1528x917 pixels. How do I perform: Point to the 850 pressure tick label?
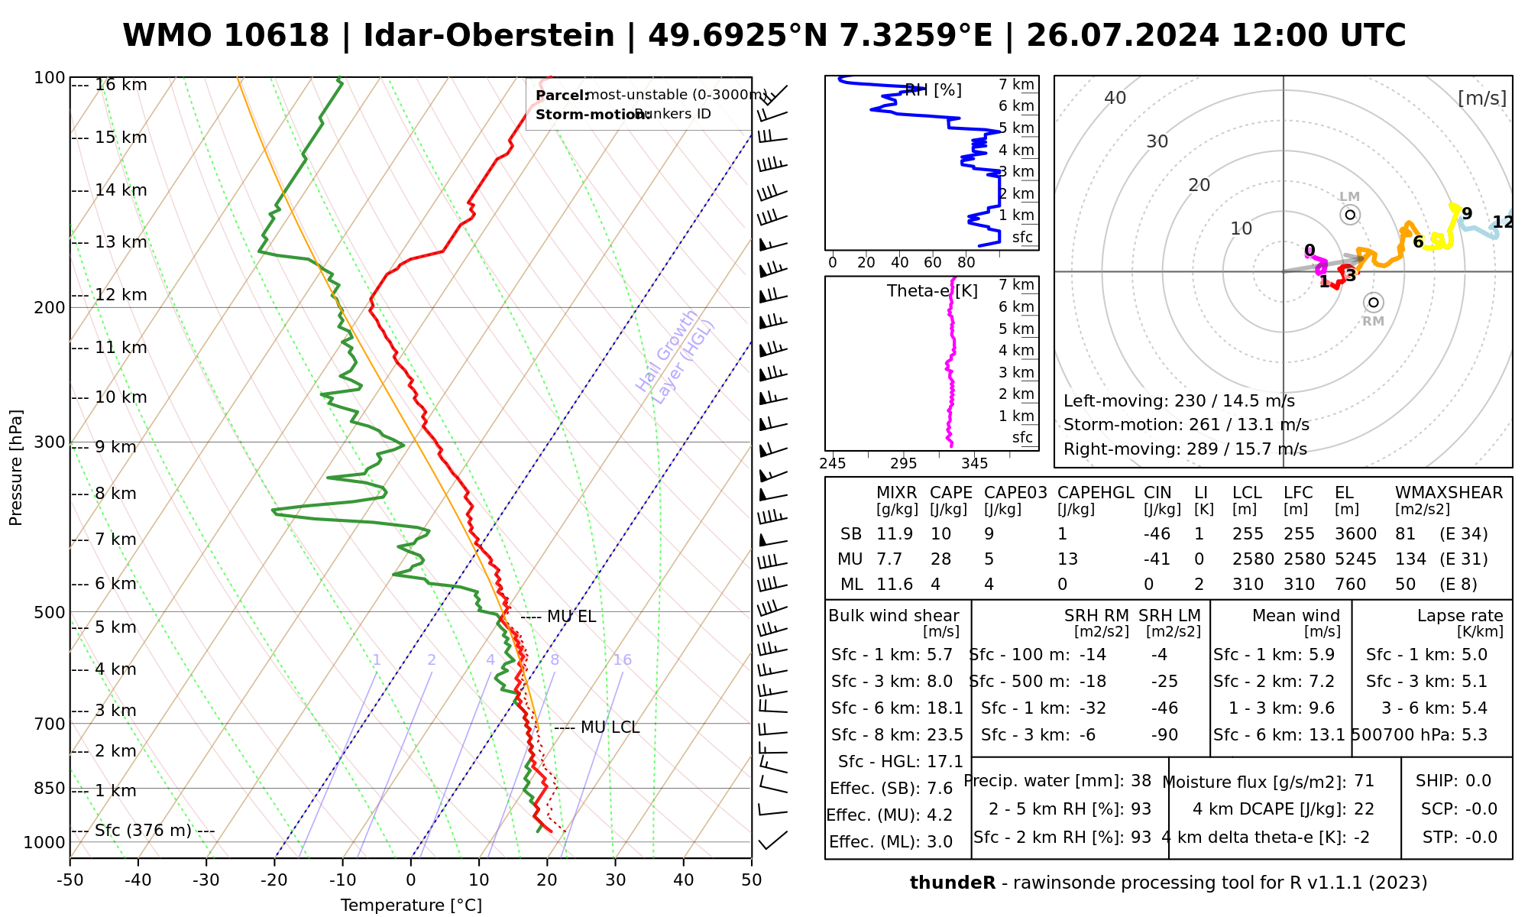[50, 788]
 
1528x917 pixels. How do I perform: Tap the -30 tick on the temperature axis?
[206, 880]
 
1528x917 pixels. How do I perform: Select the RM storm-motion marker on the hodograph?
[1374, 303]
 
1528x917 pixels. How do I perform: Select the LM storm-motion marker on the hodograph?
[1350, 215]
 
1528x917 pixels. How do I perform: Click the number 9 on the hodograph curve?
[1467, 214]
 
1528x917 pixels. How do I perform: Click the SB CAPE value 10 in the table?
[941, 534]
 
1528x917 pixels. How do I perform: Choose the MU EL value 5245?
[1355, 559]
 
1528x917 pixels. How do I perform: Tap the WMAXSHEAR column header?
[1449, 493]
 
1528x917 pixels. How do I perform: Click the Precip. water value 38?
[1141, 781]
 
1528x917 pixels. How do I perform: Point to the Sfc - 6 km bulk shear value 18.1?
[945, 708]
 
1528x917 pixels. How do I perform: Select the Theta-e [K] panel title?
[932, 291]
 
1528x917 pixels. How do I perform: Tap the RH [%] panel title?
[933, 90]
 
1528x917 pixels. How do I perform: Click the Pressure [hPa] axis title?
[16, 468]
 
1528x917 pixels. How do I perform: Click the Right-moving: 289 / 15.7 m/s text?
[1185, 449]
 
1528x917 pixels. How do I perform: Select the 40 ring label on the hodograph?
[1115, 98]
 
